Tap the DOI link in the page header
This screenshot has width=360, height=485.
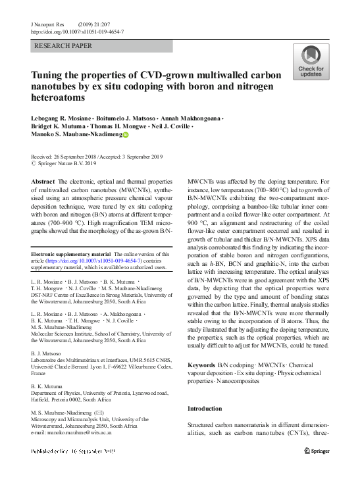click(77, 32)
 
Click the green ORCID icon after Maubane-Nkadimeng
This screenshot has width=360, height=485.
click(126, 135)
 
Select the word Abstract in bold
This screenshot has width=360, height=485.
click(43, 181)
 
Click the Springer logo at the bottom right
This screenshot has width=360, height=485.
click(317, 451)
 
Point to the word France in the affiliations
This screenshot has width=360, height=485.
click(41, 372)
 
